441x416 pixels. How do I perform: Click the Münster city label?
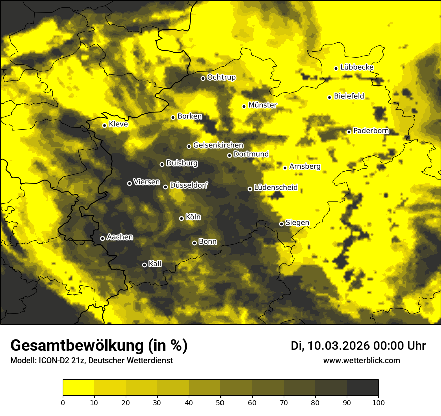click(263, 105)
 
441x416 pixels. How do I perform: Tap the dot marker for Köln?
click(181, 218)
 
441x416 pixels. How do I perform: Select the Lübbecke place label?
click(357, 67)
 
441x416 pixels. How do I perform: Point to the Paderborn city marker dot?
click(349, 132)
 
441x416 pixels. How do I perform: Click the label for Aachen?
click(120, 237)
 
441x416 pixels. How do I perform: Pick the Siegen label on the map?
click(297, 223)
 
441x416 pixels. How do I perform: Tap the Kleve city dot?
click(104, 125)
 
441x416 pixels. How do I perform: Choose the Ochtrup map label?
click(221, 77)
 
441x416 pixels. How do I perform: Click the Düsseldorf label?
click(188, 185)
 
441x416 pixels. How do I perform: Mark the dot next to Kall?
click(144, 265)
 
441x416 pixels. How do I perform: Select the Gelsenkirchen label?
click(218, 145)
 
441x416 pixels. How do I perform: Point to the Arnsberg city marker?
click(285, 168)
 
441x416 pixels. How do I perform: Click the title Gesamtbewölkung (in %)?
click(99, 345)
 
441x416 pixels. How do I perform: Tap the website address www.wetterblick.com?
click(361, 360)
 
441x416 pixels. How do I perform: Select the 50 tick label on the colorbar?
click(220, 402)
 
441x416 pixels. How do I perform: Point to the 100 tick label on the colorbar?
click(378, 402)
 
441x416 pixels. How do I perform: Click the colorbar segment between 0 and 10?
click(78, 388)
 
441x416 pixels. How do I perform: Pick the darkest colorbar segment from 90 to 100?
click(362, 388)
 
